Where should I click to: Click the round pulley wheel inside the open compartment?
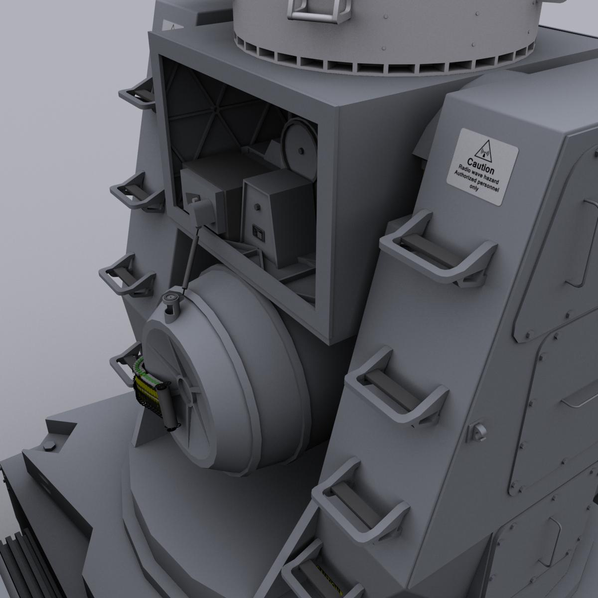pyautogui.click(x=300, y=149)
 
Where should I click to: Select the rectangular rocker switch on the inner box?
pyautogui.click(x=258, y=232)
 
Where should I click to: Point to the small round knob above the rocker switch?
pyautogui.click(x=257, y=207)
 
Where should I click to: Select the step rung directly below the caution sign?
pyautogui.click(x=434, y=249)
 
